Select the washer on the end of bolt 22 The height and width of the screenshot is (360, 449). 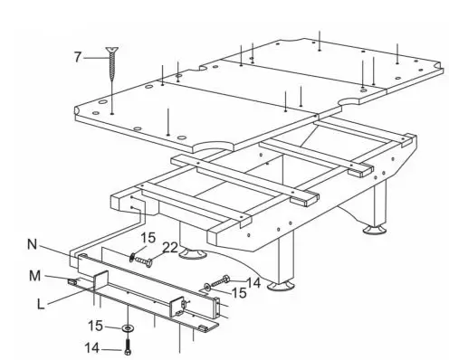click(x=132, y=259)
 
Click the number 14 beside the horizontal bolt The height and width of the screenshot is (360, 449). click(x=253, y=282)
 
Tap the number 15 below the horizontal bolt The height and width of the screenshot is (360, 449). click(x=238, y=293)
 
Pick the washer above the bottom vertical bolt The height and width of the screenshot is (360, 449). click(x=128, y=328)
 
